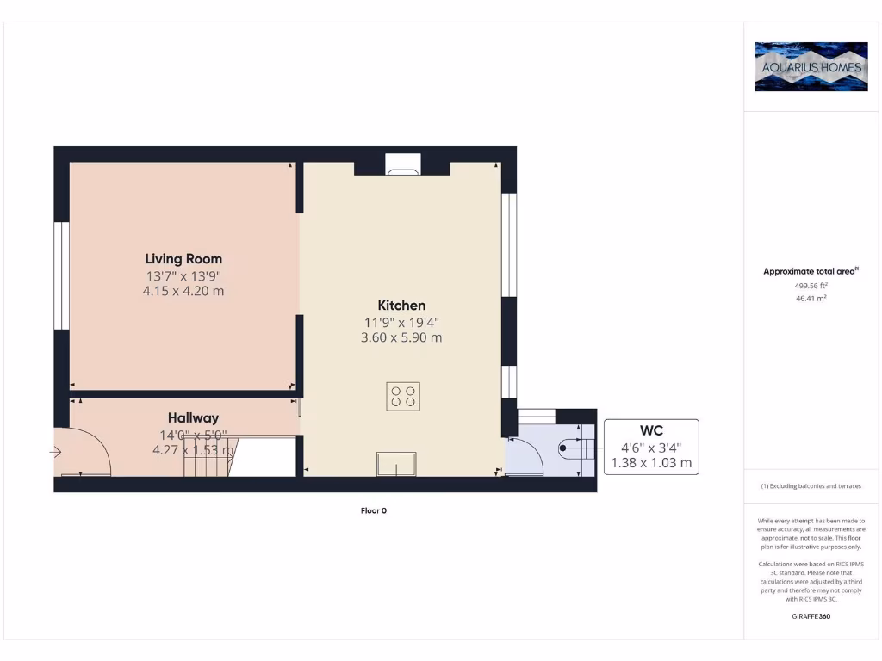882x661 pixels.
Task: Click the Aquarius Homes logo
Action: click(x=811, y=66)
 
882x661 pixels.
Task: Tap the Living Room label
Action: click(x=183, y=258)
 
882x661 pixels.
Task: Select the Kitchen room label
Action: click(x=401, y=305)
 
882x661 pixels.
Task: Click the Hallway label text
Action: click(x=193, y=418)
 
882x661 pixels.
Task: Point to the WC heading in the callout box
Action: click(x=651, y=429)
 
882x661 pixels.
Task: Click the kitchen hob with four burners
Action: click(x=402, y=396)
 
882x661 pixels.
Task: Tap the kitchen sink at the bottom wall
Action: click(x=395, y=464)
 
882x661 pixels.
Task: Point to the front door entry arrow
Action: click(x=57, y=451)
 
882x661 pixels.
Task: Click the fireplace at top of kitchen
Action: click(x=402, y=164)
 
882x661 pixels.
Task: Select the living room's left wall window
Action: click(x=61, y=275)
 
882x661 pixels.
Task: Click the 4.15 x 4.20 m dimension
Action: click(x=183, y=291)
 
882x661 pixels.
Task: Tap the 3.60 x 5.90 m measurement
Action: click(x=401, y=337)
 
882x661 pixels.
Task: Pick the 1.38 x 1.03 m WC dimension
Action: click(x=651, y=462)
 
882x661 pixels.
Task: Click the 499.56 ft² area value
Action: click(x=811, y=285)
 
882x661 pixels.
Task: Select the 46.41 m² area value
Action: click(x=811, y=298)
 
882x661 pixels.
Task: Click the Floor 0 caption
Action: click(x=374, y=510)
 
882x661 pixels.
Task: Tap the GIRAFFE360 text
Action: click(x=811, y=616)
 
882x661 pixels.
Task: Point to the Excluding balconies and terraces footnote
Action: click(x=811, y=486)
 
